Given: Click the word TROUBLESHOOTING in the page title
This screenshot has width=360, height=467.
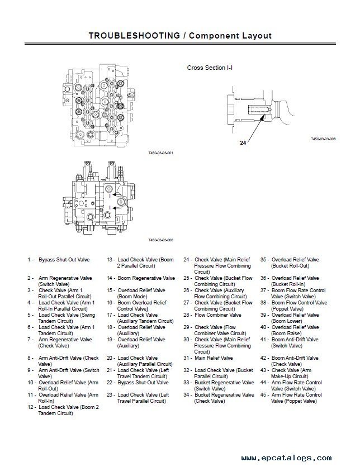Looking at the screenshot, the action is (134, 36).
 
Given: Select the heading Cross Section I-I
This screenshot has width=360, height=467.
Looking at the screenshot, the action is (210, 68).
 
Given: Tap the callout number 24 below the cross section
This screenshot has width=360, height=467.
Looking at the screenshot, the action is (243, 142).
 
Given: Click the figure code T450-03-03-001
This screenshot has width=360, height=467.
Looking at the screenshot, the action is (160, 153).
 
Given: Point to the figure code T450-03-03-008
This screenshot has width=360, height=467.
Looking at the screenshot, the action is (323, 139).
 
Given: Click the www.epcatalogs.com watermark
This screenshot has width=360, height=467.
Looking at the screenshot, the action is (286, 458).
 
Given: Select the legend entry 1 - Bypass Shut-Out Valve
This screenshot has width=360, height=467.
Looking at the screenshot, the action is (58, 260).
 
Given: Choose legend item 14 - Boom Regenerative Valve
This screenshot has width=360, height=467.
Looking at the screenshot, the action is (141, 278).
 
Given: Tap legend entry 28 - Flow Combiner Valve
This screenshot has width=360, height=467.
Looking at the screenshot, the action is (212, 315).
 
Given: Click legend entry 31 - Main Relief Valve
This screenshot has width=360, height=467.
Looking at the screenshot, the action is (208, 358).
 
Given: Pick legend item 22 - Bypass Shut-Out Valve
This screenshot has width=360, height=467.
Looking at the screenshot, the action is (138, 383).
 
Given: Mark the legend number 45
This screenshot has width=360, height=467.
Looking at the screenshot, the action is (263, 395).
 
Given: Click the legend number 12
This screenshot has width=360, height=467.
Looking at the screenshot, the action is (31, 407).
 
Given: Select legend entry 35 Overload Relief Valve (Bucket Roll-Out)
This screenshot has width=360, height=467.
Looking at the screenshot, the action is (290, 263).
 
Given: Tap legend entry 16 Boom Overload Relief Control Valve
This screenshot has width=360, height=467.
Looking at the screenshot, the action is (136, 306).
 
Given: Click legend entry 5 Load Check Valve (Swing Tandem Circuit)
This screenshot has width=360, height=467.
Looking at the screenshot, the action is (61, 318).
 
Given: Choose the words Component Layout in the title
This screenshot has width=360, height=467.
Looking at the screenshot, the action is (230, 36).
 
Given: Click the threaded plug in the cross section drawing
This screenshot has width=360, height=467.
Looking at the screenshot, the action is (258, 109).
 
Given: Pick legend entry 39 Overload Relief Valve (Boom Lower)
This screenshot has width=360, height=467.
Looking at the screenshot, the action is (290, 318).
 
